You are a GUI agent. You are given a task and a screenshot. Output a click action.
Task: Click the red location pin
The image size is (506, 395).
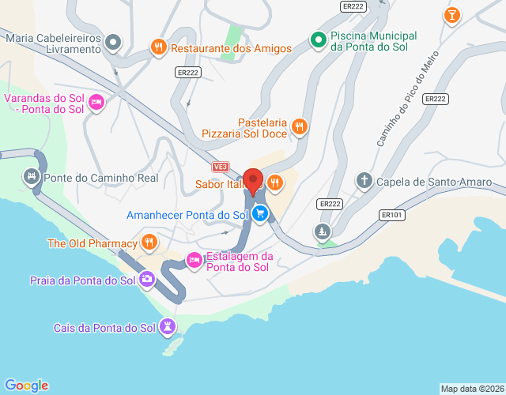click(x=253, y=181)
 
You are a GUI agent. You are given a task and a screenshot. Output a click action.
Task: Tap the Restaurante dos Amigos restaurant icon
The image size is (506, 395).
click(x=159, y=47)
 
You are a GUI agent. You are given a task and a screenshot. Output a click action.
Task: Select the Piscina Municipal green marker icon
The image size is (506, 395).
click(x=318, y=39)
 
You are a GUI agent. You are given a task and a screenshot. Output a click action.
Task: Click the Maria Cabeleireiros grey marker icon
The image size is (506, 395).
click(x=114, y=41)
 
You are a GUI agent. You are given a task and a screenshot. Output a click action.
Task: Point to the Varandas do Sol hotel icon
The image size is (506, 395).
click(x=96, y=102)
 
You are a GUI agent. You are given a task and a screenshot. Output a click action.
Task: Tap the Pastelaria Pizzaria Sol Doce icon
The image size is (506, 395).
click(x=299, y=126)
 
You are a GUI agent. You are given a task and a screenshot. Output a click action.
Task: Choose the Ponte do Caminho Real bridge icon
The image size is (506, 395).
click(x=32, y=177)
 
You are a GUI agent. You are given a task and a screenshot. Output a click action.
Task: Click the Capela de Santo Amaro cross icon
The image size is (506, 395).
click(x=364, y=181)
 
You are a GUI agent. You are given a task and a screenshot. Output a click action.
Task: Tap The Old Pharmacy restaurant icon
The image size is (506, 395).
click(x=148, y=242)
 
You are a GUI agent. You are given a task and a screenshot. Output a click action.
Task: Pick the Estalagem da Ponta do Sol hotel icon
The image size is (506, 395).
click(x=194, y=259)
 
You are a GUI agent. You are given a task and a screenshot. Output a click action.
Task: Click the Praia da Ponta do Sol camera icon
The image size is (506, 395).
click(x=147, y=279)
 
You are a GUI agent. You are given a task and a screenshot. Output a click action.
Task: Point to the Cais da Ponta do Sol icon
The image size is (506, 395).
click(x=167, y=325)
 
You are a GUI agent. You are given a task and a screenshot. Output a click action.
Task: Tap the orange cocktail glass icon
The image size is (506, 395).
click(x=451, y=15)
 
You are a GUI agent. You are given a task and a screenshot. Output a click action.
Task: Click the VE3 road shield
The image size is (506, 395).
click(x=221, y=167)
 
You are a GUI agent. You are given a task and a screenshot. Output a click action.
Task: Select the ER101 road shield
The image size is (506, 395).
click(x=391, y=214)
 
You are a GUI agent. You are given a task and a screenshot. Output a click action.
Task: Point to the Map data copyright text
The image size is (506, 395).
click(x=471, y=389)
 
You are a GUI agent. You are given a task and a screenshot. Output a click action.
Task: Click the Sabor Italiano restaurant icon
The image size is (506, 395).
click(x=275, y=183)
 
